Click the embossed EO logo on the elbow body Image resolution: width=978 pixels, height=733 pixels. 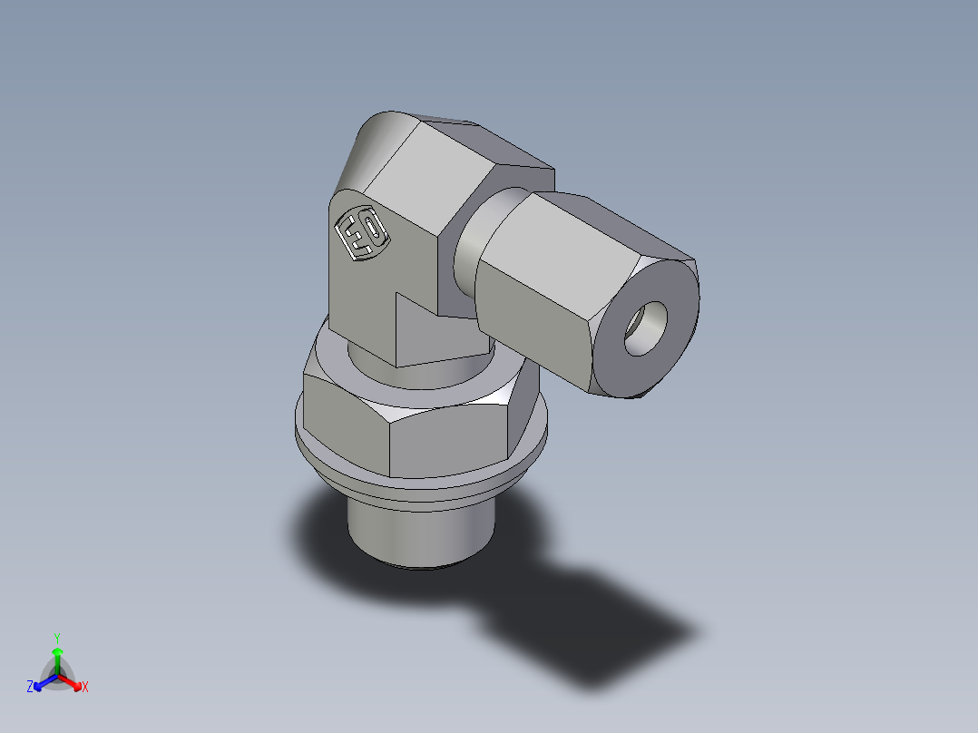(362, 234)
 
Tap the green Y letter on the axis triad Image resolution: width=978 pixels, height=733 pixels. (56, 637)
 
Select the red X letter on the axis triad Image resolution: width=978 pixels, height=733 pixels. (85, 688)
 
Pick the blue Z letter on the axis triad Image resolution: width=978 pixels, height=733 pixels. (30, 688)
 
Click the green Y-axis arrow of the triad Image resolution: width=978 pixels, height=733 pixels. (57, 657)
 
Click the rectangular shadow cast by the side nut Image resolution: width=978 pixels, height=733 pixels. (599, 635)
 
